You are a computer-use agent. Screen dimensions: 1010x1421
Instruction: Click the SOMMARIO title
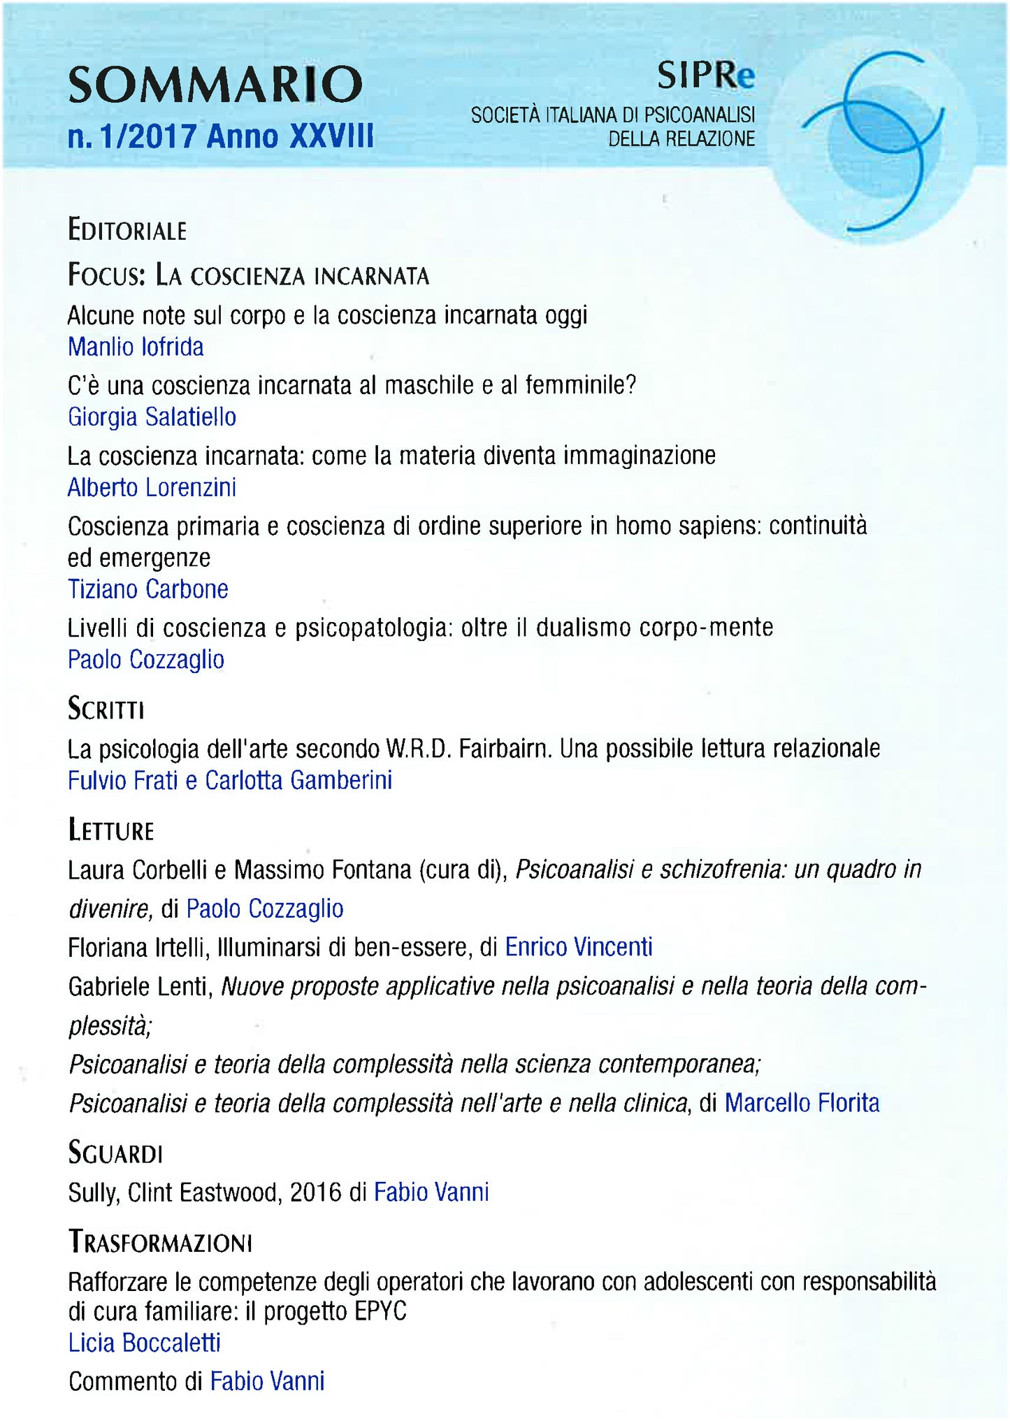point(215,85)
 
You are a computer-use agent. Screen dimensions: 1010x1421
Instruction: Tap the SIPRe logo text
point(705,75)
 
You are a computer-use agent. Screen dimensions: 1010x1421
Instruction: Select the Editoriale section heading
point(127,230)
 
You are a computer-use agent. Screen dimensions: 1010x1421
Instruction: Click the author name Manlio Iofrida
point(136,347)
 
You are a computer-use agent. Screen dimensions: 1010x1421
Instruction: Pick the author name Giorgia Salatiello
point(152,417)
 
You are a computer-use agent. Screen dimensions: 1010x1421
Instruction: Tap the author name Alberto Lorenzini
point(152,487)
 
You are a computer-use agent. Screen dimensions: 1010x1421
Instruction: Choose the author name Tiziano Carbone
point(147,589)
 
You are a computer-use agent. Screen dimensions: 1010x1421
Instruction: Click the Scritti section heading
point(106,709)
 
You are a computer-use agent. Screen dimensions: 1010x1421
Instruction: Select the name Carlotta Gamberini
point(298,780)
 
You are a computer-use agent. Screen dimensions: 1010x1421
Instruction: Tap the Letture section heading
point(110,830)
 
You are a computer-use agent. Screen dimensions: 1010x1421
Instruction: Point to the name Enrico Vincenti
point(579,947)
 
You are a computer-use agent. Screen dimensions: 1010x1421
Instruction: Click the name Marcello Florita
point(802,1103)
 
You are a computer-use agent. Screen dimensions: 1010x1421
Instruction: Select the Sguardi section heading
point(115,1153)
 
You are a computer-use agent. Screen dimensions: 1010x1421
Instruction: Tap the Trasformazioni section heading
point(160,1243)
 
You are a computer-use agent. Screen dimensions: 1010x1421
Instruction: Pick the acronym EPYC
point(380,1311)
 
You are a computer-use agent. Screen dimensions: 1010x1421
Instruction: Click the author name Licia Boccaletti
point(144,1343)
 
